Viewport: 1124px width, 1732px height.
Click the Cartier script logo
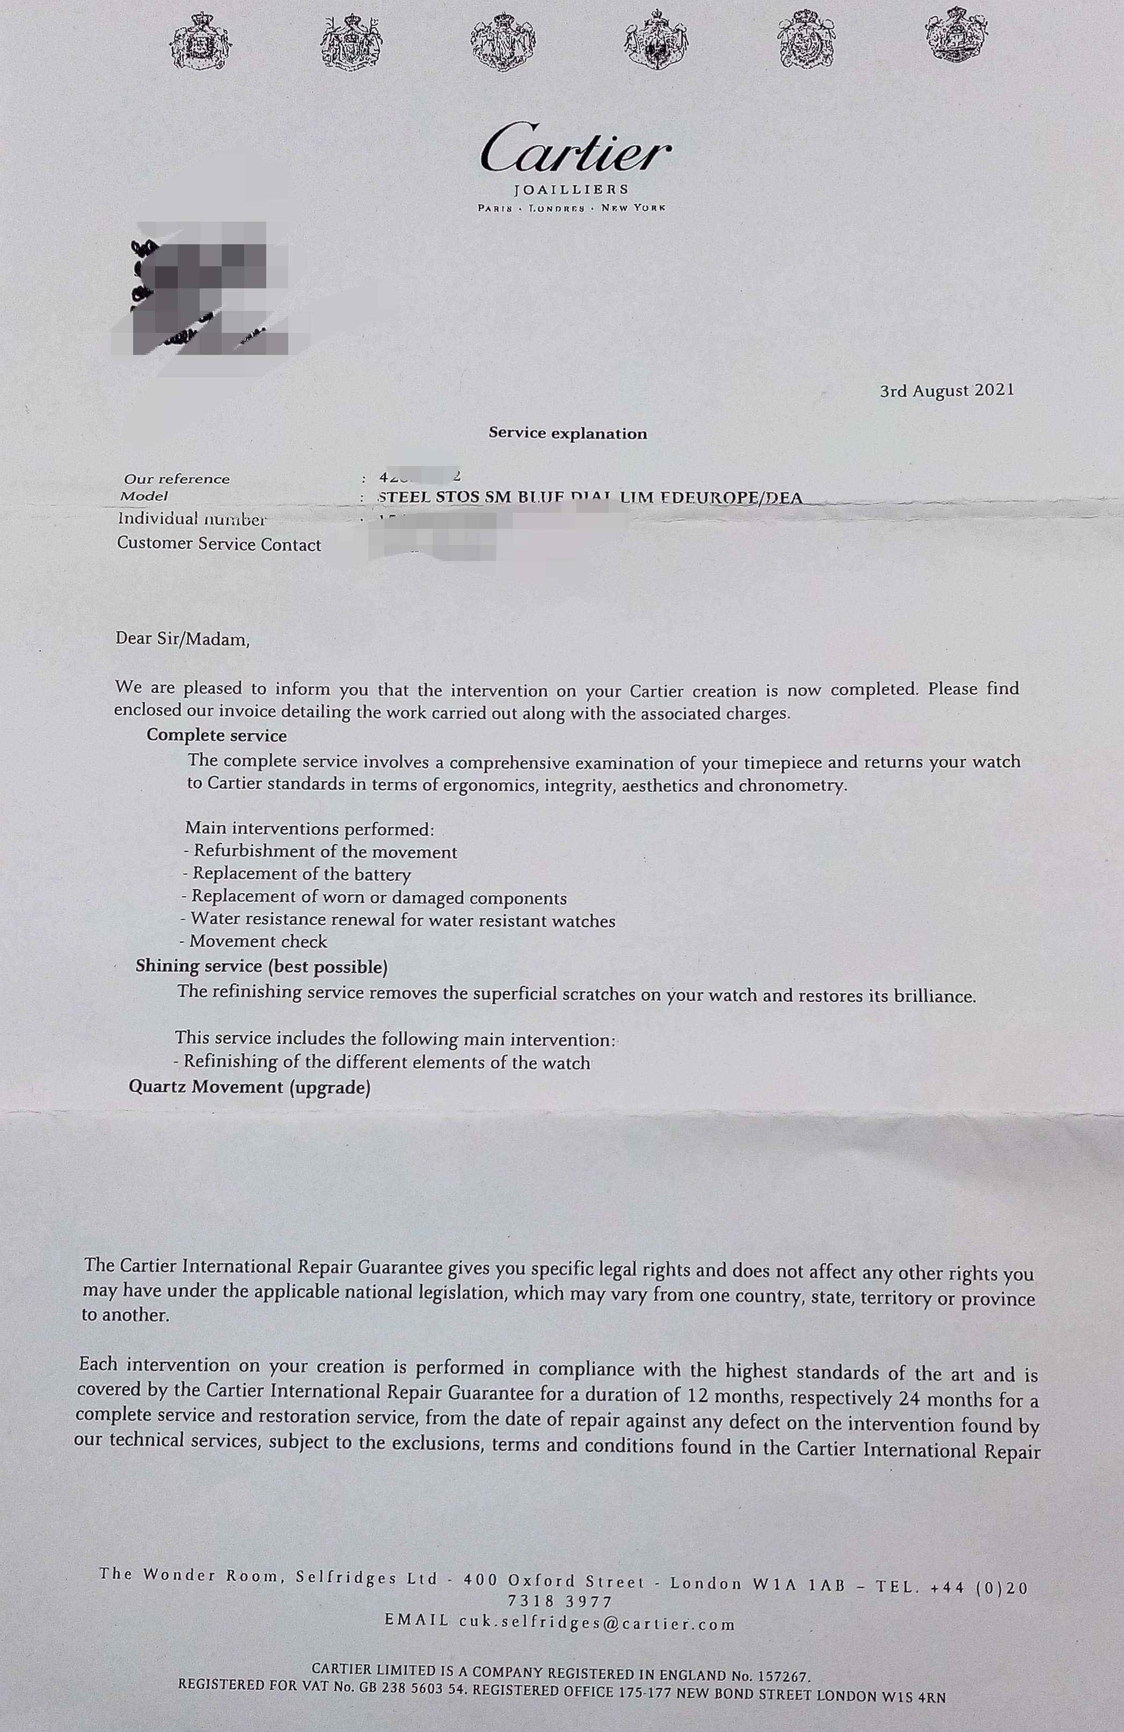click(x=575, y=150)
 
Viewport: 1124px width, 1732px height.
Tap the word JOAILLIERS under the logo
click(x=571, y=190)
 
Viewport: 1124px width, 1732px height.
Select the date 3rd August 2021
click(x=946, y=391)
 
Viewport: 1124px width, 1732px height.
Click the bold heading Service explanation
click(x=567, y=434)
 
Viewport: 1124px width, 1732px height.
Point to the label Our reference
click(x=177, y=479)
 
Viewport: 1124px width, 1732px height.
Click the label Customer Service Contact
click(x=219, y=544)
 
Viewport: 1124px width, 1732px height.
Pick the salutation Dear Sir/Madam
click(x=183, y=639)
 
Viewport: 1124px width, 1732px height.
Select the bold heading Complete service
click(x=217, y=735)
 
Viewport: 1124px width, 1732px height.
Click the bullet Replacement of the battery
click(x=299, y=874)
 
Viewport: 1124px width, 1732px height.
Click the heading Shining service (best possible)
click(x=261, y=966)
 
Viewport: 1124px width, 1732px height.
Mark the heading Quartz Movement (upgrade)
click(x=250, y=1087)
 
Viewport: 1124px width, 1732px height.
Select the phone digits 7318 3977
click(x=560, y=1602)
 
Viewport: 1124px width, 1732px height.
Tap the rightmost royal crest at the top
click(x=957, y=35)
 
